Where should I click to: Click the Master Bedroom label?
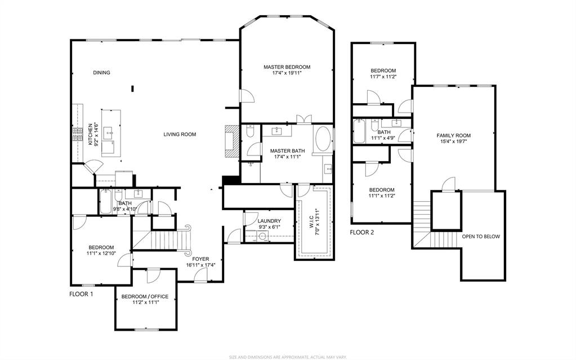(287, 67)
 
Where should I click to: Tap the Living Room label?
(180, 134)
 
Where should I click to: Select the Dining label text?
(101, 73)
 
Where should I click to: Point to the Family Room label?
(454, 136)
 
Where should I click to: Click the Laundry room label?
(269, 221)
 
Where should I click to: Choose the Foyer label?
(200, 259)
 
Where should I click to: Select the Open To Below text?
(480, 237)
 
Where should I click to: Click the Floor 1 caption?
(81, 294)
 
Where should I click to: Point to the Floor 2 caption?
(361, 232)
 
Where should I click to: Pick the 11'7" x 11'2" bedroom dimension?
(383, 77)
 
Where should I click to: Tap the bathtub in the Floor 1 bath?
(106, 202)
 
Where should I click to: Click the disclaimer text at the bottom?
(287, 357)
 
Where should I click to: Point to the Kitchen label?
(90, 135)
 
